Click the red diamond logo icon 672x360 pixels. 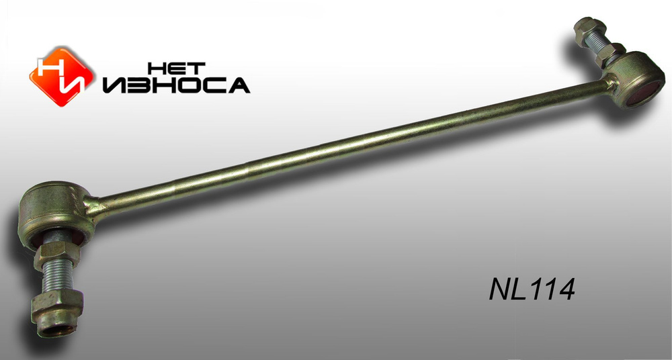61,77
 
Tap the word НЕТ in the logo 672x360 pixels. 176,69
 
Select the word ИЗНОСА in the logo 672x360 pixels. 176,85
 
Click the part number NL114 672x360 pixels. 532,289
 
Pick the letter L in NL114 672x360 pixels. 515,289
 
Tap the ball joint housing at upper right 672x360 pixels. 636,79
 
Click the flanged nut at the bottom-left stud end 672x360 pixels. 56,313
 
